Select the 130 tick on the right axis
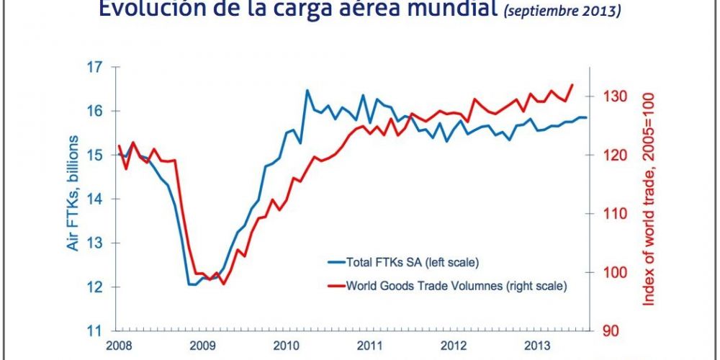click(x=603, y=96)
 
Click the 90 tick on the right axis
click(x=600, y=331)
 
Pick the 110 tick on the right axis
click(x=603, y=214)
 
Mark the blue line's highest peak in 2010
click(x=307, y=90)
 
